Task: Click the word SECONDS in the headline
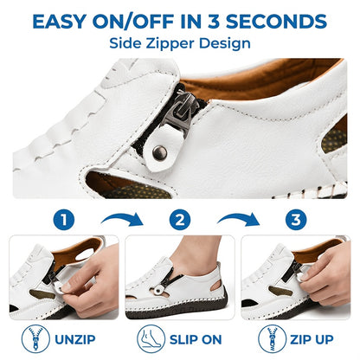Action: pos(276,22)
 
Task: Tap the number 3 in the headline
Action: pos(214,22)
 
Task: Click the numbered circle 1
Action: pos(64,220)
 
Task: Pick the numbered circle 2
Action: pos(180,220)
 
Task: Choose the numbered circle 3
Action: pos(296,220)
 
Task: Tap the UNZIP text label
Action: pos(75,339)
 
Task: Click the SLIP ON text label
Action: pos(196,339)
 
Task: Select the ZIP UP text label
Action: pos(312,339)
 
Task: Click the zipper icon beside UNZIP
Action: pos(35,338)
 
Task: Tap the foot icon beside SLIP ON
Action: pos(151,338)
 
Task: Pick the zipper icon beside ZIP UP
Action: pos(272,338)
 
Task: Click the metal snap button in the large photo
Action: pos(159,152)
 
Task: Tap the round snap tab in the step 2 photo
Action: pos(157,291)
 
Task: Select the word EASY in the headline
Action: pos(59,22)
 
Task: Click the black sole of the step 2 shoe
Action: pos(177,309)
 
